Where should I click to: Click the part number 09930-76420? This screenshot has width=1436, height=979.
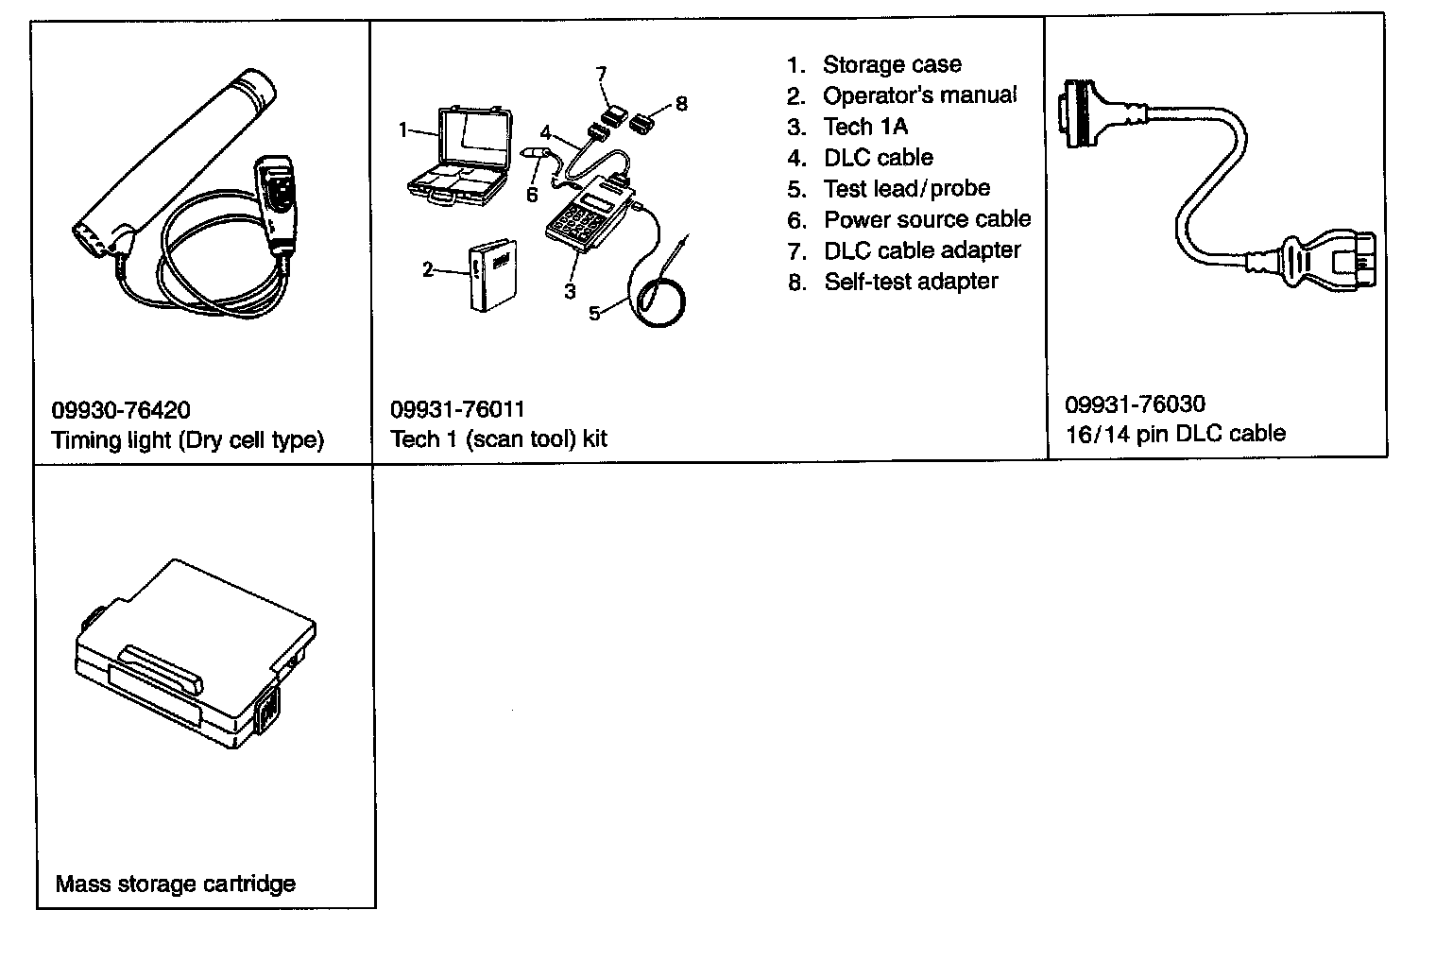[120, 410]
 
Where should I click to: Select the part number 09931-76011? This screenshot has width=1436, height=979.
[457, 409]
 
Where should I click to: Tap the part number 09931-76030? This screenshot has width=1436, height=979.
[1135, 404]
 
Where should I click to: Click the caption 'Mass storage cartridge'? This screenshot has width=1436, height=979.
[175, 885]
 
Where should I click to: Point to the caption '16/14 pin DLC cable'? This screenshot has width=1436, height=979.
[1175, 434]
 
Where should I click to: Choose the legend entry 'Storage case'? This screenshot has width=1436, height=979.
[891, 65]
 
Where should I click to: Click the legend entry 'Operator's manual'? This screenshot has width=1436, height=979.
[919, 95]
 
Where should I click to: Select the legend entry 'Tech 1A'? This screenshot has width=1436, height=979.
[864, 127]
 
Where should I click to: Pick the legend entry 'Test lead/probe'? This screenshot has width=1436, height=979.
[906, 189]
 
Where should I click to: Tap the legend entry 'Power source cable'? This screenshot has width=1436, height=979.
[927, 220]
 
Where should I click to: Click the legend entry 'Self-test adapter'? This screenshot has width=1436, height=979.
[911, 282]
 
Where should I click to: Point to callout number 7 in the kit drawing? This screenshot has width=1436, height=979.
[601, 74]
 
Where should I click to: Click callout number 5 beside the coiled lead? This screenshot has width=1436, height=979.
[594, 314]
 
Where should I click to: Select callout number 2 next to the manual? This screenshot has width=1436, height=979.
[428, 270]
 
